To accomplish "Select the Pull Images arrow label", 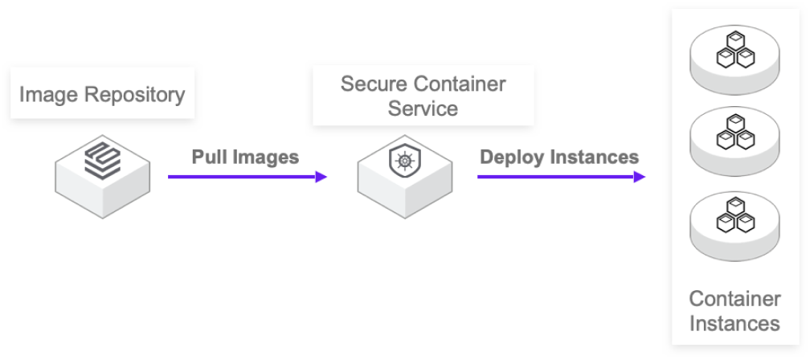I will pyautogui.click(x=244, y=157).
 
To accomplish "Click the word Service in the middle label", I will pyautogui.click(x=423, y=108).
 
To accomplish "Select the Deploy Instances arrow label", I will pyautogui.click(x=559, y=157).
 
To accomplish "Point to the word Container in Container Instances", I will pyautogui.click(x=734, y=300).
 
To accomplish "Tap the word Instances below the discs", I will pyautogui.click(x=734, y=324).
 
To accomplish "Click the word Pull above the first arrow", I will pyautogui.click(x=209, y=157).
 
